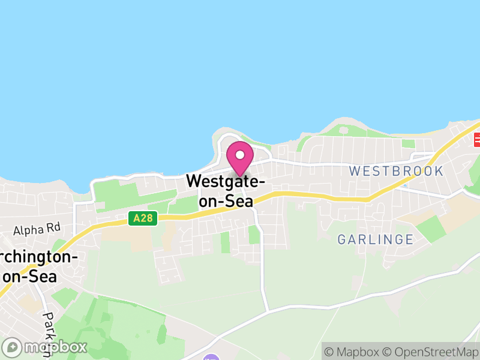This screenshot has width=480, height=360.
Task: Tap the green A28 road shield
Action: point(143,218)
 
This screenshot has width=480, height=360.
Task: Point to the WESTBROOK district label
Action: point(396,171)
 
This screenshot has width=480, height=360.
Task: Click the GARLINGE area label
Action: point(376,240)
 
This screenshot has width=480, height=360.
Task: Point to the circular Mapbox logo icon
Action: point(12,347)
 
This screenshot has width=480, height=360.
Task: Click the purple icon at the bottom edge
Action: point(211,358)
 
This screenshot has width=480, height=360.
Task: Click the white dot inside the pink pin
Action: point(240,154)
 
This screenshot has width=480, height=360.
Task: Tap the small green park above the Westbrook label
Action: point(409,144)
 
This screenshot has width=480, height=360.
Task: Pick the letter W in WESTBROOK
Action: point(355,171)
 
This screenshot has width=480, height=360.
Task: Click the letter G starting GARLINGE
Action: point(343,240)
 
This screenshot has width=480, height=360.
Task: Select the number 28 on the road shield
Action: point(147,218)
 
